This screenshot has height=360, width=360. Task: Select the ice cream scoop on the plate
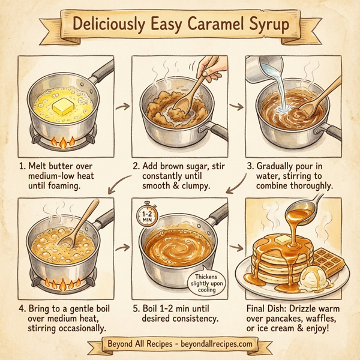[x=314, y=280]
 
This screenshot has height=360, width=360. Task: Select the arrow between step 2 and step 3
[x=236, y=107]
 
